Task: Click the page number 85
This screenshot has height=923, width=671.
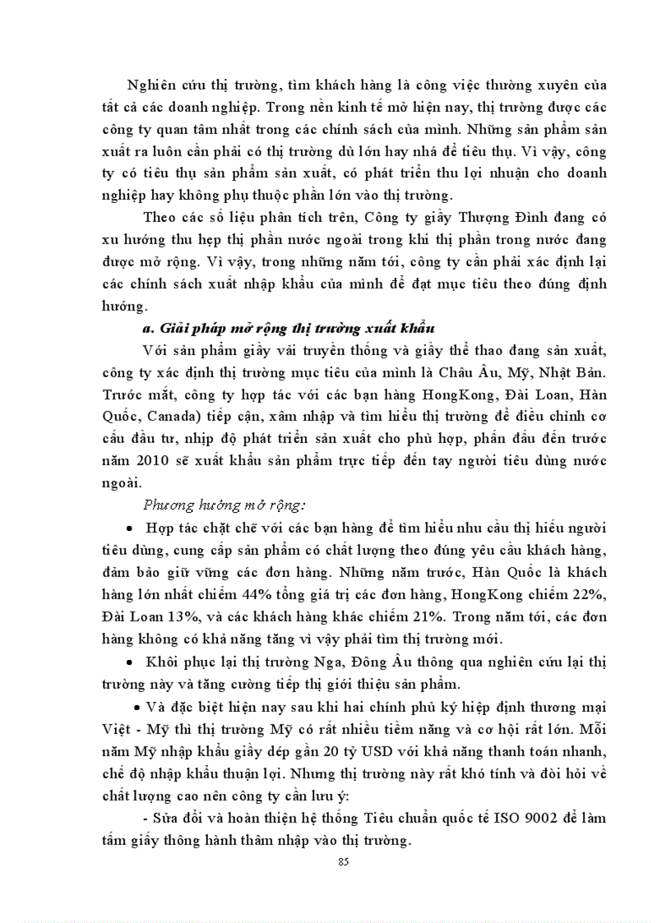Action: tap(343, 861)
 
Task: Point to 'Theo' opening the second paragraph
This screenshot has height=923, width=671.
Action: tap(159, 216)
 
